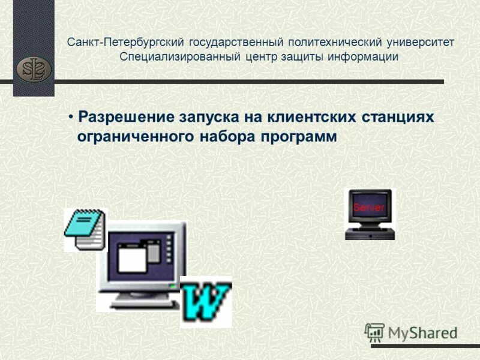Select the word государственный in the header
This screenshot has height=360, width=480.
coord(236,43)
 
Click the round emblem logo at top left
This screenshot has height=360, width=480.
coord(34,68)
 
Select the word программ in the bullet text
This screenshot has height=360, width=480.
coord(298,136)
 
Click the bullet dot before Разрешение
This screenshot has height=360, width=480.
coord(70,116)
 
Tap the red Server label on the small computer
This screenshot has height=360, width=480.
coord(368,208)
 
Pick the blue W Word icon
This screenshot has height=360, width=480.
coord(206,301)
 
